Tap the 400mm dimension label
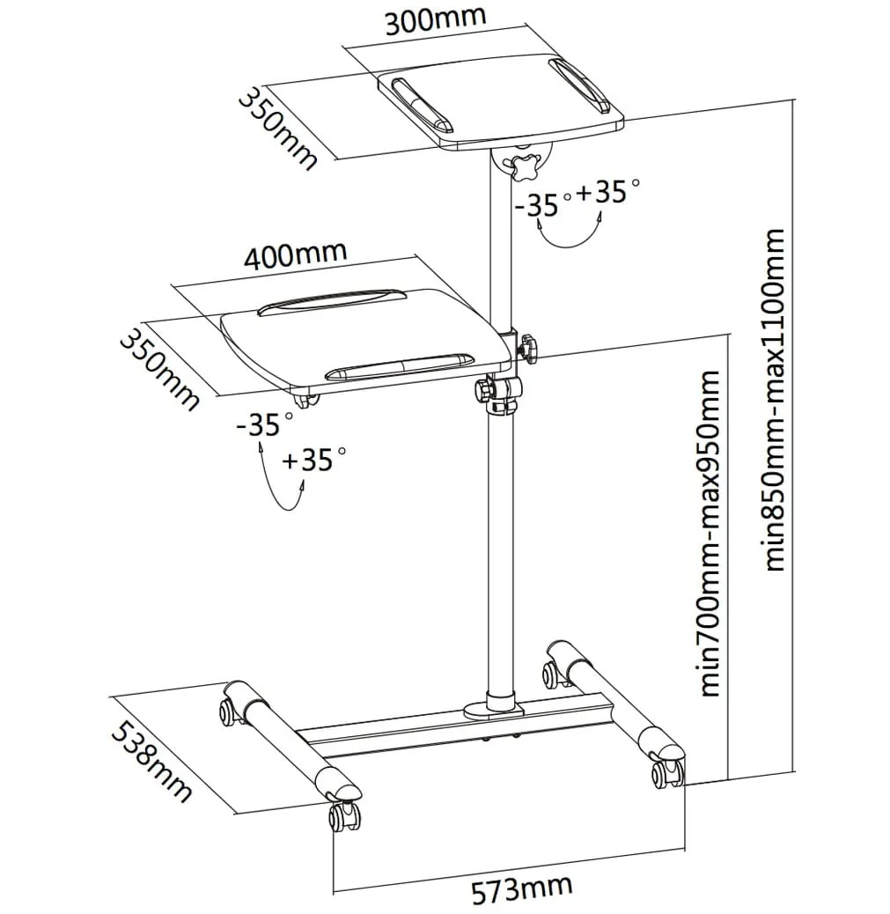click(295, 255)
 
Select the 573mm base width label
click(521, 890)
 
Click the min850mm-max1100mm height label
click(776, 401)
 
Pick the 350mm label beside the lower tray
click(159, 369)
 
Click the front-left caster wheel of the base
click(342, 815)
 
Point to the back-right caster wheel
click(552, 674)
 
